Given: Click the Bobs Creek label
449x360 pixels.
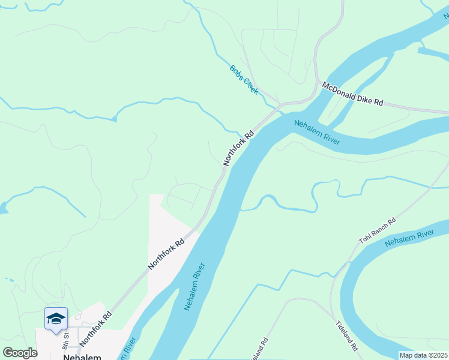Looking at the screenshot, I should pyautogui.click(x=244, y=79).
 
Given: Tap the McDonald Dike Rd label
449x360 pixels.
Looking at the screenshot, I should pyautogui.click(x=352, y=94).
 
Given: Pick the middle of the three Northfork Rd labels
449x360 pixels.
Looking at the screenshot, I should pyautogui.click(x=167, y=254).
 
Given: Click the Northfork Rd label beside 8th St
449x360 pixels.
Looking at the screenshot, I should pyautogui.click(x=95, y=327).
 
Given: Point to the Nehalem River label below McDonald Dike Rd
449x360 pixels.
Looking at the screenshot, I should pyautogui.click(x=317, y=132).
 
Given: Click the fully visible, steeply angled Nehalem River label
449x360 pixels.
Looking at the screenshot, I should pyautogui.click(x=194, y=286).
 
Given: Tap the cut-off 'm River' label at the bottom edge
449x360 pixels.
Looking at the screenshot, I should pyautogui.click(x=128, y=348).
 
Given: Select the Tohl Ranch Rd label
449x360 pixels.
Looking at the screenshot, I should pyautogui.click(x=378, y=230).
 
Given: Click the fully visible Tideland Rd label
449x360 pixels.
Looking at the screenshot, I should pyautogui.click(x=347, y=335).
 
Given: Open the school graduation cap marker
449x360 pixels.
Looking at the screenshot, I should pyautogui.click(x=56, y=319).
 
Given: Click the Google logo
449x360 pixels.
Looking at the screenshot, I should pyautogui.click(x=20, y=353).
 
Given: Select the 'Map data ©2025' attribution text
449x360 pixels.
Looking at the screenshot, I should pyautogui.click(x=423, y=355).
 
